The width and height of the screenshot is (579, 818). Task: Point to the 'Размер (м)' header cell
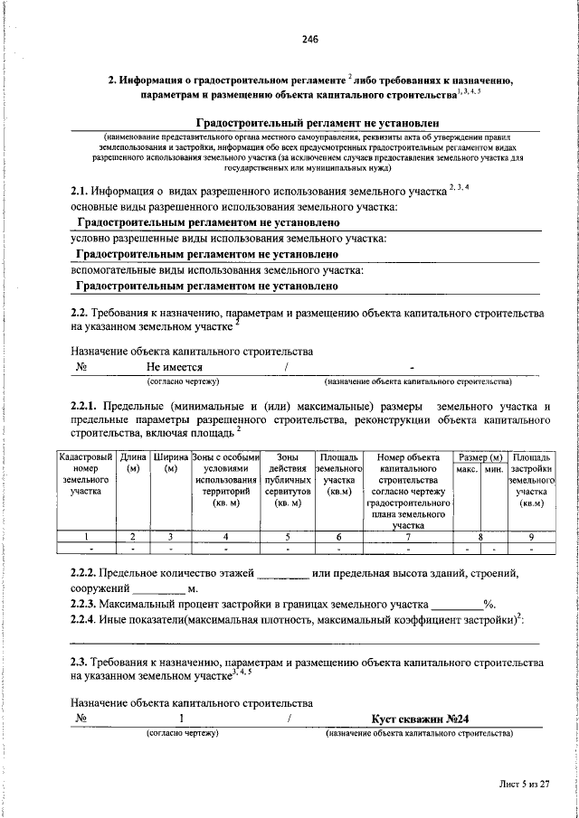point(480,458)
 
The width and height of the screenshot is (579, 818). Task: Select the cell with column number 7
point(408,535)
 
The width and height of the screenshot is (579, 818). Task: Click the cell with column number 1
point(85,535)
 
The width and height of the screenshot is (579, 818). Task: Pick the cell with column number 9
point(531,535)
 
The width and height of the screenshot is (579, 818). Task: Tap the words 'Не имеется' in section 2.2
point(175,368)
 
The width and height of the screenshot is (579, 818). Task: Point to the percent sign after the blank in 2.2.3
point(487,603)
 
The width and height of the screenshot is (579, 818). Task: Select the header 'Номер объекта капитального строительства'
point(408,489)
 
